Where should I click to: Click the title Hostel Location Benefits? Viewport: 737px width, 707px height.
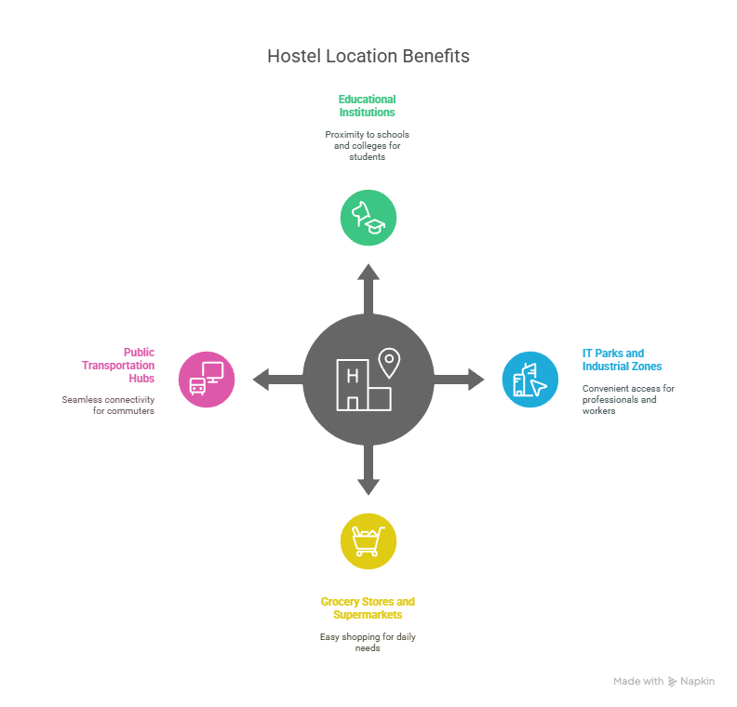click(368, 56)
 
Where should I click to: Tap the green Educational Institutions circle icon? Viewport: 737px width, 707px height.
click(368, 218)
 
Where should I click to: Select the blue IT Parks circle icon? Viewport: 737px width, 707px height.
click(530, 380)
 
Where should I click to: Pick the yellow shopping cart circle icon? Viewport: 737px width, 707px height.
click(368, 540)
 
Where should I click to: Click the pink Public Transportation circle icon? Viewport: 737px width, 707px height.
click(207, 380)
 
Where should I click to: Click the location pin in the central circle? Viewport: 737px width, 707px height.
click(388, 362)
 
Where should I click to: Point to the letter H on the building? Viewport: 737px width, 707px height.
click(352, 376)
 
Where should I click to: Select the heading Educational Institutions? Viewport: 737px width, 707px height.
click(368, 105)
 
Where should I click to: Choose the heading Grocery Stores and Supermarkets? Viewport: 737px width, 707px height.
click(368, 608)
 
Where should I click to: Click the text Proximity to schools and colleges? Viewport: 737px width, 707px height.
click(368, 146)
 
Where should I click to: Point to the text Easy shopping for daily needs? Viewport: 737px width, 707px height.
click(368, 642)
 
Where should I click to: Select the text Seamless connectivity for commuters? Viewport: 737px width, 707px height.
click(108, 405)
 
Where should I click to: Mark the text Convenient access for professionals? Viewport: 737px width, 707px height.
click(628, 399)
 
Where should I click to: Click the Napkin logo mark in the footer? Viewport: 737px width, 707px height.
click(672, 682)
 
